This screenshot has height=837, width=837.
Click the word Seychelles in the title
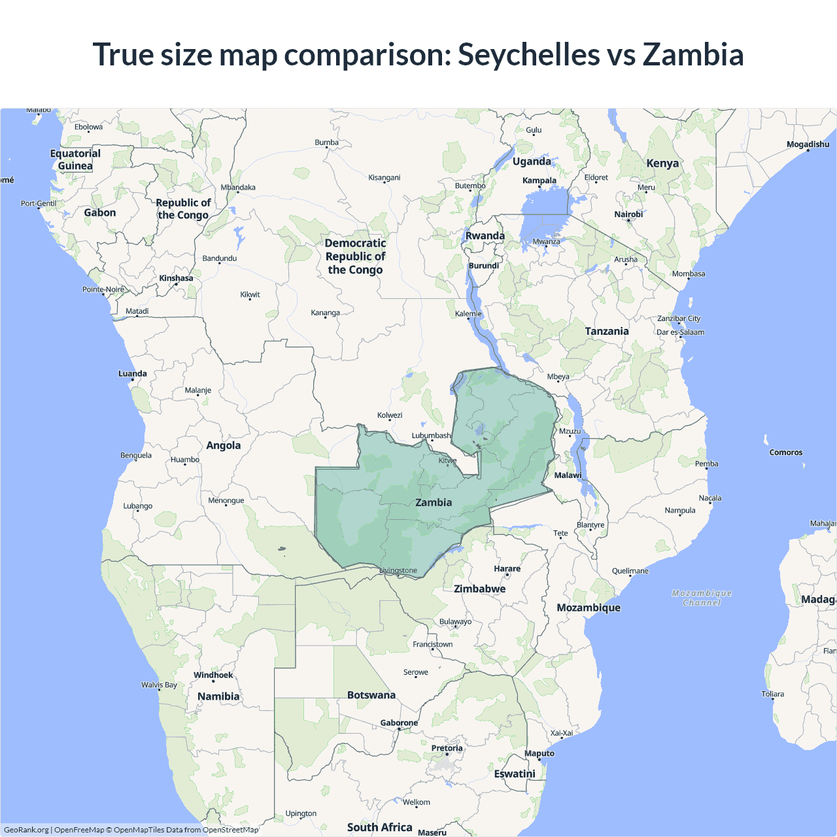(x=528, y=55)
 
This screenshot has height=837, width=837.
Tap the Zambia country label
(x=434, y=502)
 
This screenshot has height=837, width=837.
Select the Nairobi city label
(x=628, y=214)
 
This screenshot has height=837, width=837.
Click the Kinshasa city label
(x=176, y=278)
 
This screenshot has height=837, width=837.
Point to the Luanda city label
(x=132, y=373)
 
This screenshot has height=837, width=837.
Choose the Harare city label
(x=507, y=568)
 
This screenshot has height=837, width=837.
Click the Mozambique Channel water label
(x=702, y=598)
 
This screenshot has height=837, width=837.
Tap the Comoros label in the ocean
(x=785, y=453)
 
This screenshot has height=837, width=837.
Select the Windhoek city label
(x=213, y=675)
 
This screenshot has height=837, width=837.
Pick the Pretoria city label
(x=447, y=748)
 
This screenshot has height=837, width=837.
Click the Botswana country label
(x=371, y=695)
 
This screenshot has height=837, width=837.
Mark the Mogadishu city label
(x=808, y=145)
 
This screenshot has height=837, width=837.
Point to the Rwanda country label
(x=485, y=236)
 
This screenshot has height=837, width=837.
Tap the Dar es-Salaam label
(x=680, y=332)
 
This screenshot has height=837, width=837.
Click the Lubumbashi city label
(x=431, y=436)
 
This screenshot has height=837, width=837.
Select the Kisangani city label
(x=384, y=178)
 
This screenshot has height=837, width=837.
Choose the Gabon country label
(x=99, y=213)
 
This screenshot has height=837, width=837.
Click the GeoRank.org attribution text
(x=26, y=830)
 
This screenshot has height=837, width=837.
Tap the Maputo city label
(x=539, y=753)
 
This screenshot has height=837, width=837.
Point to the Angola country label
(x=223, y=445)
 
